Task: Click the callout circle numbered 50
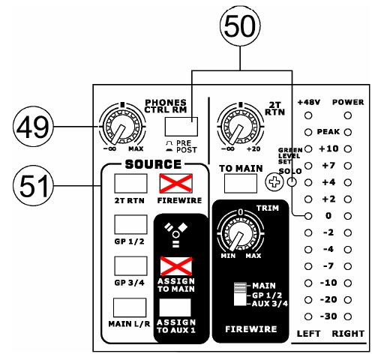coord(240,26)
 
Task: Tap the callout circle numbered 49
coord(33,127)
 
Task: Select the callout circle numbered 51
coord(33,185)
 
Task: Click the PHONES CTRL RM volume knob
coord(122,127)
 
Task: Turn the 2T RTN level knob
coord(240,127)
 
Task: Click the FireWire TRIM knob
coord(240,233)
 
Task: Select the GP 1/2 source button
coord(130,224)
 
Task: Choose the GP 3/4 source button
coord(130,266)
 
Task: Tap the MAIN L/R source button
coord(130,307)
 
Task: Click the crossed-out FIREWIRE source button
coord(175,184)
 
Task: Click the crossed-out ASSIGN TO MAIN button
coord(176,266)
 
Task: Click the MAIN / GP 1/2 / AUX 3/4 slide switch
coord(240,294)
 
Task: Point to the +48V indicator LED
coord(308,115)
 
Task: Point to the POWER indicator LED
coord(348,115)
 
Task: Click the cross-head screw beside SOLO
coord(274,181)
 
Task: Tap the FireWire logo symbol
coord(176,235)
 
